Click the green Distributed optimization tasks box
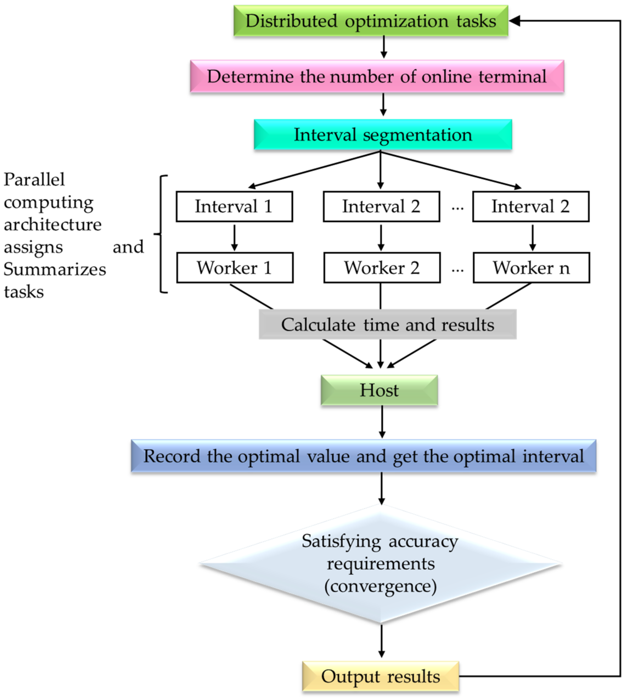[370, 21]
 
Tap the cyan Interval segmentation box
[382, 134]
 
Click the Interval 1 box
[234, 206]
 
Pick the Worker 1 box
[235, 268]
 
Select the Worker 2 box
[382, 268]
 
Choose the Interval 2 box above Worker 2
[381, 206]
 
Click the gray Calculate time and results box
[387, 324]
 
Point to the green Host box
[379, 390]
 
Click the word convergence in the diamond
[380, 586]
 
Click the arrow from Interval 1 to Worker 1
[235, 237]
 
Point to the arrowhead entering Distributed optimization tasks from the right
[514, 21]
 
